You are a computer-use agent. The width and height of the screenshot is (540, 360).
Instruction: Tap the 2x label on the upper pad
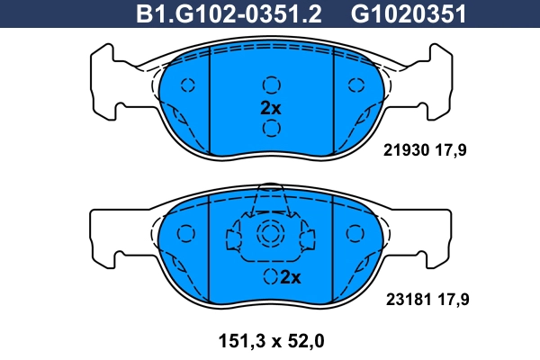point(271,107)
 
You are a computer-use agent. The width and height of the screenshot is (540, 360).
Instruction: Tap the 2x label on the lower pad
point(290,277)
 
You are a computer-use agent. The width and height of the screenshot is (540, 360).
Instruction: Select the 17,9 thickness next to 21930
point(453,151)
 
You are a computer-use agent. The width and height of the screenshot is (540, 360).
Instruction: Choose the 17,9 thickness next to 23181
point(453,297)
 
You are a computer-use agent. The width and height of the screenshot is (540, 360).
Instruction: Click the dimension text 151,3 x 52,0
point(270,341)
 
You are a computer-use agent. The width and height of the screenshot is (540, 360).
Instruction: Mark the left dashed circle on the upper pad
point(187,85)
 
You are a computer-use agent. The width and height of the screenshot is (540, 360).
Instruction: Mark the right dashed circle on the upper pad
point(354,85)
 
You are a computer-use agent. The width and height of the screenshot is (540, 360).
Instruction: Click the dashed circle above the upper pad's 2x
point(271,85)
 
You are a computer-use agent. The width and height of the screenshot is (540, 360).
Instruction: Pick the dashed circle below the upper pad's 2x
point(271,129)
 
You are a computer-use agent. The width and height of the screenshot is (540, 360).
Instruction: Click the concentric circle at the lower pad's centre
point(270,235)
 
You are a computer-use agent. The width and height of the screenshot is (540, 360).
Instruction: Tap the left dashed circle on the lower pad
point(187,234)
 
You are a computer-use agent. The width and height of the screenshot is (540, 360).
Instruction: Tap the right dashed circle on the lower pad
point(354,234)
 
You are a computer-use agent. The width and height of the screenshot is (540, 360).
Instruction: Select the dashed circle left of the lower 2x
point(270,277)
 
